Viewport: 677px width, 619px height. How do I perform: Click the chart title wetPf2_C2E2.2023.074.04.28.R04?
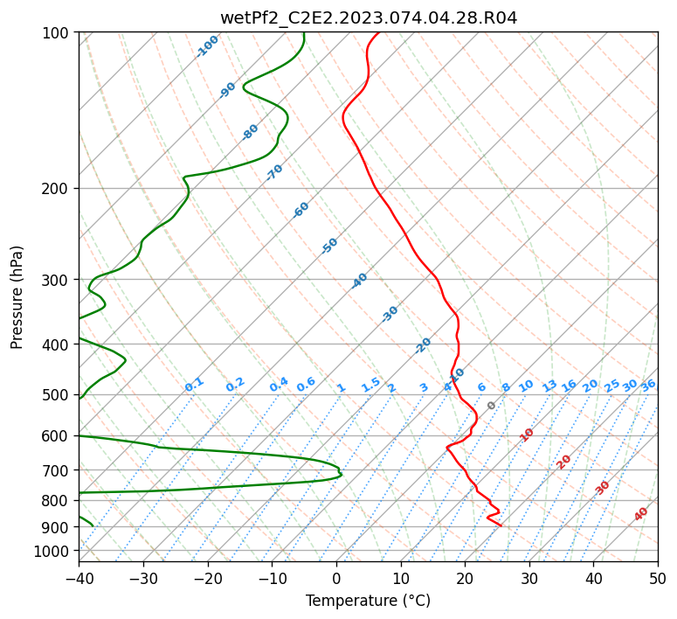coord(369,17)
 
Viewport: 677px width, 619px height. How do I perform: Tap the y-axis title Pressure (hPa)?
coord(17,297)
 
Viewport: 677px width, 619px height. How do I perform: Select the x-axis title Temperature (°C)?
coord(369,601)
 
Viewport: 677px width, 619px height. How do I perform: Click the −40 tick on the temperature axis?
coord(79,578)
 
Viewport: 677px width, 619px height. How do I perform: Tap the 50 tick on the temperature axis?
coord(658,578)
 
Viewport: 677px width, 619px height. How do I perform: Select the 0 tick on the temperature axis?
coord(337,578)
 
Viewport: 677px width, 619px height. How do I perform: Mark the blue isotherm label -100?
coord(207,46)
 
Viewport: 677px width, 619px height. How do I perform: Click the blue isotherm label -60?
coord(301,209)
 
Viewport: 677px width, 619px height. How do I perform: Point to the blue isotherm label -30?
coord(390,314)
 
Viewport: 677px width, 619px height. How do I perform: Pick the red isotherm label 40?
coord(640,514)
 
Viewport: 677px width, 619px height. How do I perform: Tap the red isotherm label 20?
coord(563,463)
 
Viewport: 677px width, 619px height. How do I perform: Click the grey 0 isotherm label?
coord(491,406)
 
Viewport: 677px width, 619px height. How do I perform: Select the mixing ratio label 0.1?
coord(194,385)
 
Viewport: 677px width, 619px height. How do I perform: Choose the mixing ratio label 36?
coord(648,386)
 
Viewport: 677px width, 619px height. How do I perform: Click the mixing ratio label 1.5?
coord(371,385)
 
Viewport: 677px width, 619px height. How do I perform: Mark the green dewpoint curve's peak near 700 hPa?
coord(342,475)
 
